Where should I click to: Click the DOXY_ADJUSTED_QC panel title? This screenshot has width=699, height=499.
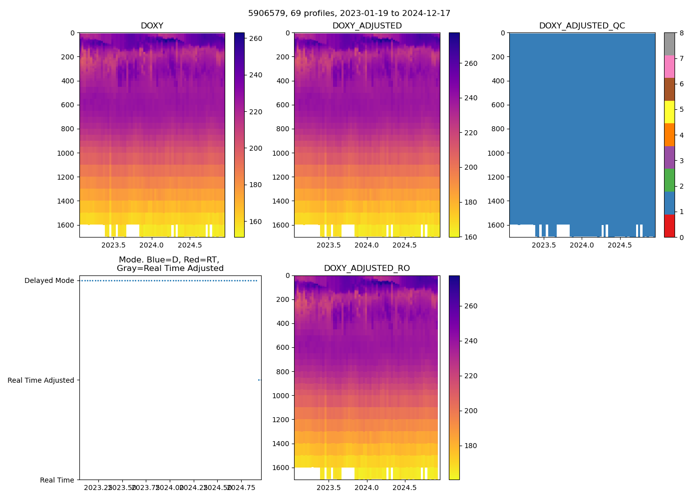click(x=582, y=26)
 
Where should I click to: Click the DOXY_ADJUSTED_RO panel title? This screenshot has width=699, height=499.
click(x=367, y=268)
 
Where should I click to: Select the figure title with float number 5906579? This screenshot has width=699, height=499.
click(x=349, y=13)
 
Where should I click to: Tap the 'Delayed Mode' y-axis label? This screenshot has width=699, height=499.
click(x=49, y=280)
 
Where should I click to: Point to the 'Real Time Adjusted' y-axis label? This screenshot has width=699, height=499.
click(x=41, y=380)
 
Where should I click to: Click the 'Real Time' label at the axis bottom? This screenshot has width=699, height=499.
click(x=57, y=480)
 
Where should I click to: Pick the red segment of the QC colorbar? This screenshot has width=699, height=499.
click(x=669, y=226)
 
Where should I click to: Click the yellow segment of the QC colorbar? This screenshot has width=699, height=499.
click(x=669, y=112)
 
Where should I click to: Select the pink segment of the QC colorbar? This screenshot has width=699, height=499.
click(x=669, y=66)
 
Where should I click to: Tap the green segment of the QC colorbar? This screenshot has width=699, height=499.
click(x=669, y=180)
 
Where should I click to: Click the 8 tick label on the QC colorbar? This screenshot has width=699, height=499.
click(x=682, y=33)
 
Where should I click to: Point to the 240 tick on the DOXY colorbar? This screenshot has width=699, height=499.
click(x=256, y=75)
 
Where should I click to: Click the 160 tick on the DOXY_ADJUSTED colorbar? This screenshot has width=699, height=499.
click(x=470, y=237)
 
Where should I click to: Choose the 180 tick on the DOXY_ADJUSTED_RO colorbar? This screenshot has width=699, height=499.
click(x=470, y=446)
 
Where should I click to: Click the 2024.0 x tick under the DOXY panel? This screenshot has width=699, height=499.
click(x=152, y=245)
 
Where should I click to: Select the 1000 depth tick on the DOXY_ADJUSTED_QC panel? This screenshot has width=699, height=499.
click(x=497, y=153)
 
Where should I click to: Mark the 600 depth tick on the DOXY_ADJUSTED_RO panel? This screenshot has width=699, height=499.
click(x=283, y=348)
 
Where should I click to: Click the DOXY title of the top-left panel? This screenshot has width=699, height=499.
click(x=152, y=26)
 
